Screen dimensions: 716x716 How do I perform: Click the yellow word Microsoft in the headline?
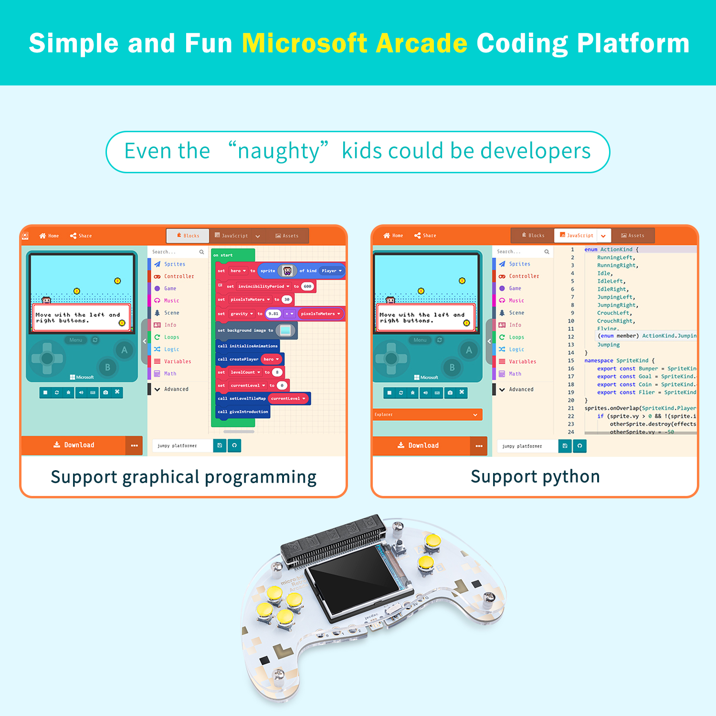pyautogui.click(x=304, y=43)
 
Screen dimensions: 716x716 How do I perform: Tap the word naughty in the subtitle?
pyautogui.click(x=279, y=151)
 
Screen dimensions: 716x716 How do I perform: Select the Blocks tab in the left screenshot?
pyautogui.click(x=188, y=236)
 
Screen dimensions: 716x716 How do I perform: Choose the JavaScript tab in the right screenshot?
pyautogui.click(x=577, y=235)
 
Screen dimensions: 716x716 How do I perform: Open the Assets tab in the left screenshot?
pyautogui.click(x=287, y=236)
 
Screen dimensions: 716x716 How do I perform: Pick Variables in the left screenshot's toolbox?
pyautogui.click(x=177, y=361)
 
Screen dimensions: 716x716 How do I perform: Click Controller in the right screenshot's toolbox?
pyautogui.click(x=524, y=276)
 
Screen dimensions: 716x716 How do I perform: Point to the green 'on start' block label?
pyautogui.click(x=223, y=255)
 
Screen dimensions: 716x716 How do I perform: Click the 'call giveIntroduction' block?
pyautogui.click(x=243, y=411)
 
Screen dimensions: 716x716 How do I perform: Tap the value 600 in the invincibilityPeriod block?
pyautogui.click(x=307, y=286)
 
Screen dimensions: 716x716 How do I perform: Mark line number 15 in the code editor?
pyautogui.click(x=571, y=361)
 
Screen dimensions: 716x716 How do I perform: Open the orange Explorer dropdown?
pyautogui.click(x=427, y=415)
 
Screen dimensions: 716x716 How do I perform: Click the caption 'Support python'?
pyautogui.click(x=535, y=477)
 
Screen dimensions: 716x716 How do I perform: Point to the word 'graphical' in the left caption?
pyautogui.click(x=161, y=477)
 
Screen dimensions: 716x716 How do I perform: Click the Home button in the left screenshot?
pyautogui.click(x=49, y=236)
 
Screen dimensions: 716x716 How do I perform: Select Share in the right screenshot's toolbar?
pyautogui.click(x=425, y=235)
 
